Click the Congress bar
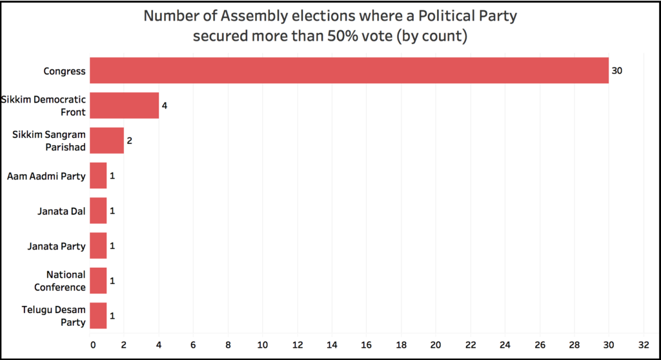pos(349,70)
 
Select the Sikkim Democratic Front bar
pos(124,105)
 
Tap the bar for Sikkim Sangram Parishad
pos(107,141)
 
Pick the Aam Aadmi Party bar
pos(98,175)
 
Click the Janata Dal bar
pos(98,210)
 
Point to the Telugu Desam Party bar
pos(98,315)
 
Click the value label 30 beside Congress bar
pos(617,70)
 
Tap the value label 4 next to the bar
pos(165,105)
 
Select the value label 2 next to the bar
pos(130,141)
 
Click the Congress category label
pos(65,71)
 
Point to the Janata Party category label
pos(56,246)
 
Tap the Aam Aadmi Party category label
pos(46,175)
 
